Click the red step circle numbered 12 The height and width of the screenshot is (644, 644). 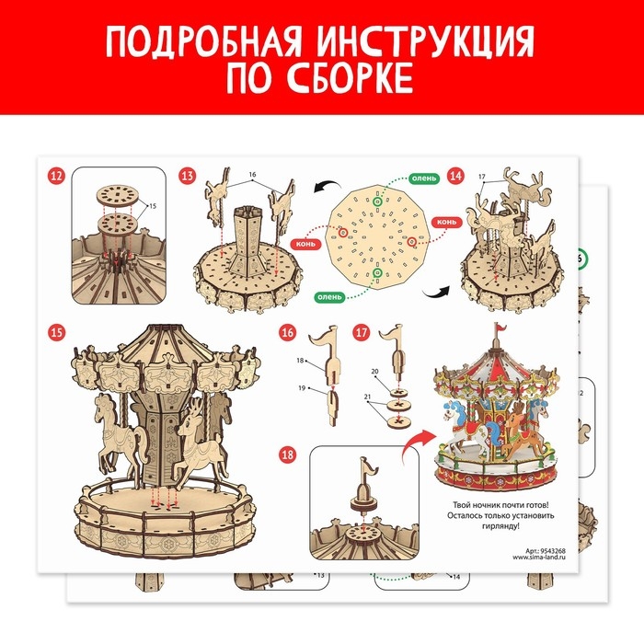click(57, 176)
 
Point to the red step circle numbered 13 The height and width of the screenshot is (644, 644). click(188, 176)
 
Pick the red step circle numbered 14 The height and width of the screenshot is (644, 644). click(454, 176)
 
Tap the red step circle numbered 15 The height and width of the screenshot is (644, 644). click(57, 330)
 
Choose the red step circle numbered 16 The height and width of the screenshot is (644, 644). click(287, 331)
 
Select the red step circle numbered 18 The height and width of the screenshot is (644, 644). click(287, 454)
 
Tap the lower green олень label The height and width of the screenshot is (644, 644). click(330, 296)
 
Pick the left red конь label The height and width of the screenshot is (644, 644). click(305, 245)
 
